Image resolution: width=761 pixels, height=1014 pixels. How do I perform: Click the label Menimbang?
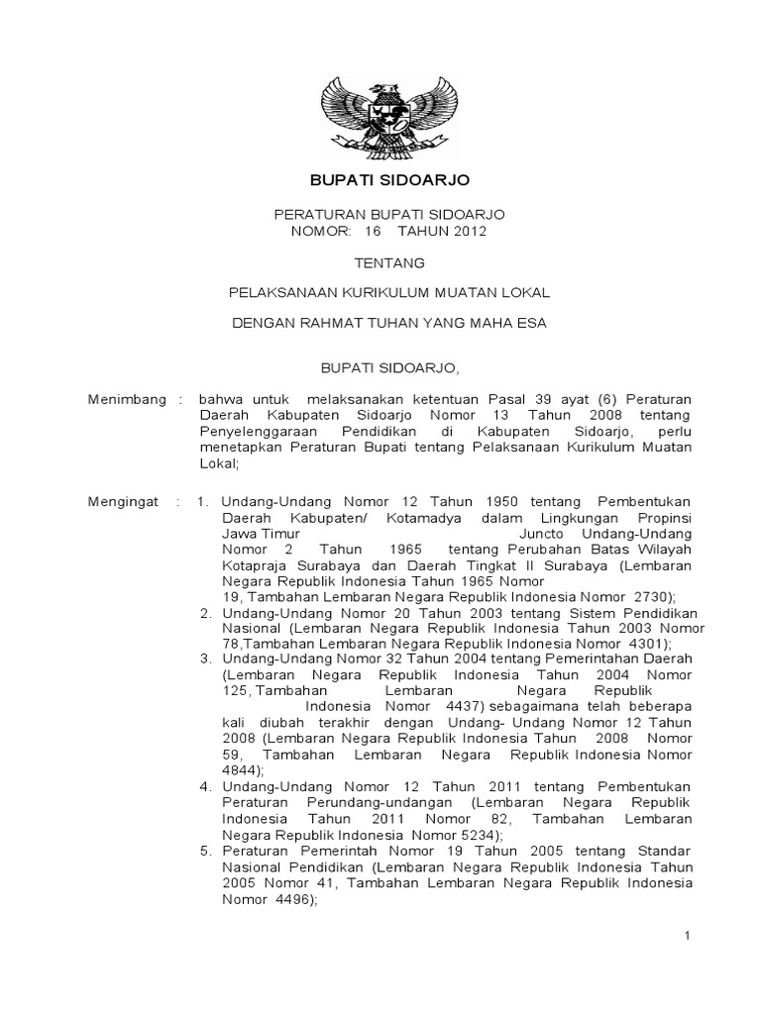123,400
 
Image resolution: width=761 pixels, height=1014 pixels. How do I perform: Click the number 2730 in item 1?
650,597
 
